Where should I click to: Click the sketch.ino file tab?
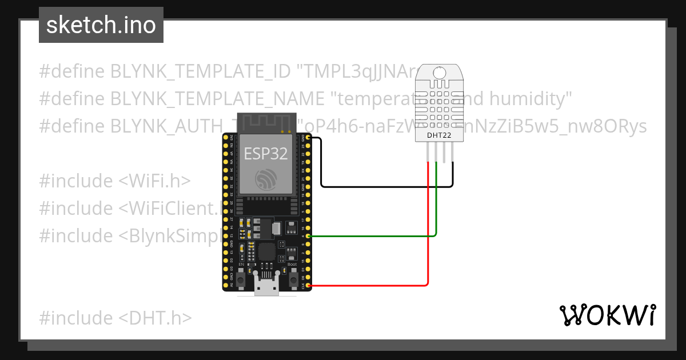[101, 25]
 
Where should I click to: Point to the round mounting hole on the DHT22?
[440, 73]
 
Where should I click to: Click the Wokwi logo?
[607, 315]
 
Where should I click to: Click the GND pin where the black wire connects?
[309, 138]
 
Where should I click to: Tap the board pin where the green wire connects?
[309, 236]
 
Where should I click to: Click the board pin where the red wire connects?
[309, 285]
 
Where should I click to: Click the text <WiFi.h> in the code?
[154, 181]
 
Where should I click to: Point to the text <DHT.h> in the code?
[155, 318]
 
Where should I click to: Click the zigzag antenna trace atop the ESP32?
[267, 123]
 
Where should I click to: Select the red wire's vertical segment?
[428, 229]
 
